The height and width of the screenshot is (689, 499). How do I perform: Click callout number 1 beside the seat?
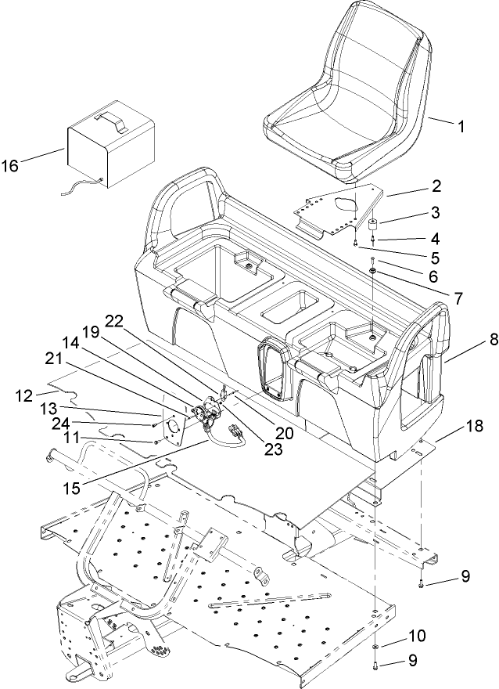pyautogui.click(x=461, y=124)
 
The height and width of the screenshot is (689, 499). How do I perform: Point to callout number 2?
pyautogui.click(x=436, y=186)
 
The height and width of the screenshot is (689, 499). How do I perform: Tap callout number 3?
pyautogui.click(x=436, y=211)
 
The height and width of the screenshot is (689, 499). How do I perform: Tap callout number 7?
pyautogui.click(x=434, y=298)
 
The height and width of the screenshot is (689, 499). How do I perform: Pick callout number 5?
pyautogui.click(x=436, y=257)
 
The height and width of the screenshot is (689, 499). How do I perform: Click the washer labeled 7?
pyautogui.click(x=375, y=272)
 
